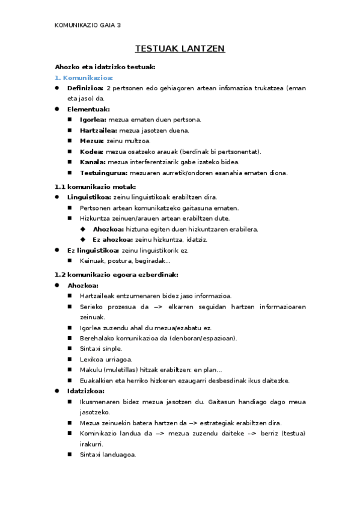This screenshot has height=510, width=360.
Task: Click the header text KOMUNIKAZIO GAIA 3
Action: click(88, 25)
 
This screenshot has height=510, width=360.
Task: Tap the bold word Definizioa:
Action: click(85, 88)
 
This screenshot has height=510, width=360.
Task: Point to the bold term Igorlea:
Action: click(93, 120)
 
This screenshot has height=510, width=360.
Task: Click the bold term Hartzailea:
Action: click(99, 130)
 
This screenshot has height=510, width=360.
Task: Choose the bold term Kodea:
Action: click(92, 152)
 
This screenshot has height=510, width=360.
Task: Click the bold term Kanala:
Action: click(93, 162)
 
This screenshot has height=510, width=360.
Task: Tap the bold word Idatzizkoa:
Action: click(86, 391)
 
